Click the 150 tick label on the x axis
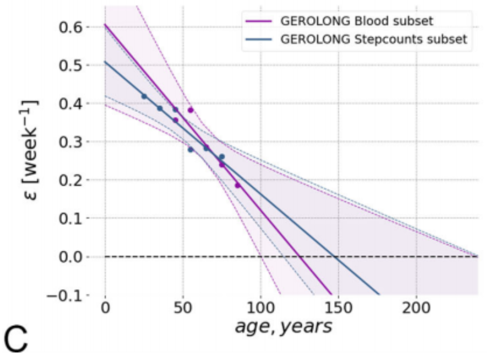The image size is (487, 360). pos(338,308)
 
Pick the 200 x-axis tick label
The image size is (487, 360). pos(416,308)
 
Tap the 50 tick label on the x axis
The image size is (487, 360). pos(183,308)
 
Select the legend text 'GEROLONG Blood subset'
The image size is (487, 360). pos(356,21)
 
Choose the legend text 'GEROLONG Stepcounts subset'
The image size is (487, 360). pos(374,39)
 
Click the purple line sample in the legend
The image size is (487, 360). pos(258,21)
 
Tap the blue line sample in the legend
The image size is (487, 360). pos(258,39)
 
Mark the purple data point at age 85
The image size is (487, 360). pos(237,185)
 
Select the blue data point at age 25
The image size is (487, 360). pos(144,96)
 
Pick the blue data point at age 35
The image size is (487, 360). pos(160,108)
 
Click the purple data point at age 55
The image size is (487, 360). pos(191,110)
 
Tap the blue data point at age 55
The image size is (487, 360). pos(191,150)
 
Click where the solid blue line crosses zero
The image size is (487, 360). pos(335,256)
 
